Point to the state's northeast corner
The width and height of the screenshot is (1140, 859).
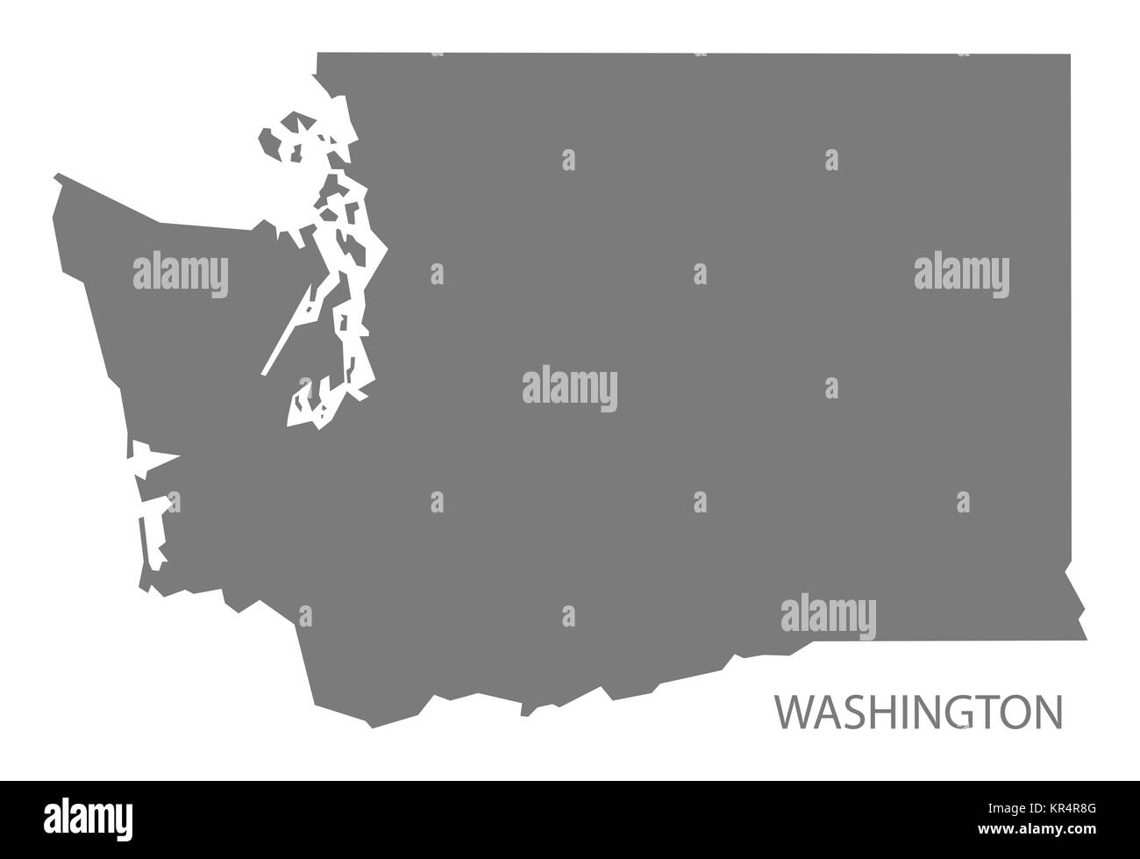click(x=1070, y=54)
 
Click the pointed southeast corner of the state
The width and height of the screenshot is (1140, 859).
click(x=1086, y=640)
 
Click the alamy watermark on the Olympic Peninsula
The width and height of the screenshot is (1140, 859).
click(x=181, y=274)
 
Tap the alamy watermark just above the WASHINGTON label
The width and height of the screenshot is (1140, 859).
click(x=828, y=612)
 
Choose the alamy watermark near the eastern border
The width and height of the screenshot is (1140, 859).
click(x=961, y=274)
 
